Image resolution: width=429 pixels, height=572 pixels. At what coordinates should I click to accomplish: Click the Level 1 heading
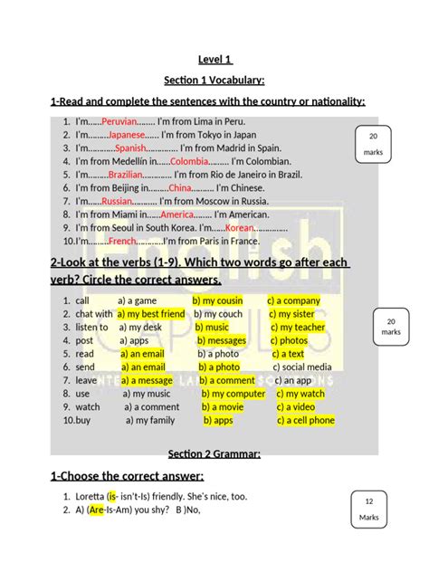click(x=214, y=61)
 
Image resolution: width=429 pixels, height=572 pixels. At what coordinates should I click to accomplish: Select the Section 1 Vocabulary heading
click(x=214, y=81)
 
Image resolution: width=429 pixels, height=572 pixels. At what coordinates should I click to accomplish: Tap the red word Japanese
click(x=128, y=134)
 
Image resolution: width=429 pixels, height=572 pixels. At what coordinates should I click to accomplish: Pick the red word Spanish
click(x=130, y=148)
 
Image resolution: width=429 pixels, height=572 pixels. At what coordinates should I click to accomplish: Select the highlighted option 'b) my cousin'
click(x=217, y=300)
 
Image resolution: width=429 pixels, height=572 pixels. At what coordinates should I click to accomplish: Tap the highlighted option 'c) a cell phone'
click(x=300, y=420)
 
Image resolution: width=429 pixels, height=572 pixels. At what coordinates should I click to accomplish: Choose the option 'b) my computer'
click(x=234, y=394)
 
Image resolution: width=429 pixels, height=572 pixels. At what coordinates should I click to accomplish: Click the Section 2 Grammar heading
click(x=214, y=453)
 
